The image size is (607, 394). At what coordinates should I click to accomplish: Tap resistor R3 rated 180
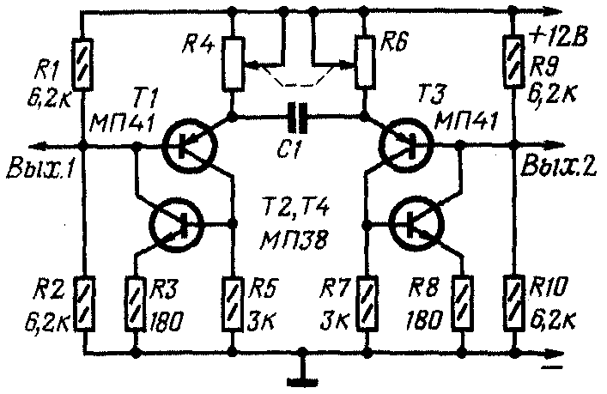point(136,303)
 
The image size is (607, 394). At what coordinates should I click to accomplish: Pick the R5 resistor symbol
point(232,303)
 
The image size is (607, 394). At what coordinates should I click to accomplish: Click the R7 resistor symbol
point(367,303)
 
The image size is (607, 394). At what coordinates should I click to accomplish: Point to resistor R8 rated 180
point(464,303)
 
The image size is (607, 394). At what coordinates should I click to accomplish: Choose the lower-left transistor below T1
point(176,225)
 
